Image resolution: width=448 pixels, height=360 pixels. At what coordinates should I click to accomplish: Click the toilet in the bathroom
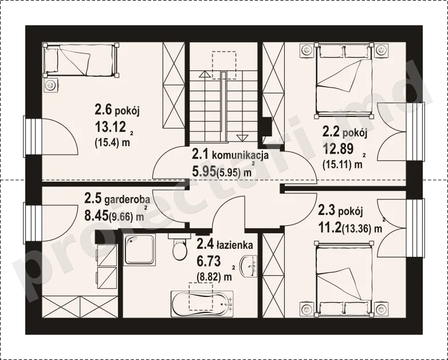pos(179,246)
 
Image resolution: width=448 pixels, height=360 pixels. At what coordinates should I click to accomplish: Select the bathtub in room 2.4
pos(202,304)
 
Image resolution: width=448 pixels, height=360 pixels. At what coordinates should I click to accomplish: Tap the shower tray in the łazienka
pos(140,249)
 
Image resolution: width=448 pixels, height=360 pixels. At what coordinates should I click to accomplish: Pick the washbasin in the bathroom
pos(249,266)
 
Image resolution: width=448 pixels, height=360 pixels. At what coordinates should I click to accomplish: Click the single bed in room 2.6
pos(81,60)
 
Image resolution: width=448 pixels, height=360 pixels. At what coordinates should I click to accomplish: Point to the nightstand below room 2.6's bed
pos(51,85)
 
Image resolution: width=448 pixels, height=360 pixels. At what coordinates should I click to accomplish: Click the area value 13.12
pos(111,127)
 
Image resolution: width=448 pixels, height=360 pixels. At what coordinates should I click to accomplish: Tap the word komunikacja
pos(240,155)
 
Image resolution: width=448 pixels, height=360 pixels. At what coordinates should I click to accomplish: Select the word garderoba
pos(127,200)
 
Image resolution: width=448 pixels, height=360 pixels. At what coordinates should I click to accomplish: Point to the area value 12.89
pos(338,148)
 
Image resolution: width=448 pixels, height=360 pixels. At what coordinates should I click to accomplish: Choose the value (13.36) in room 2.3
pos(357,229)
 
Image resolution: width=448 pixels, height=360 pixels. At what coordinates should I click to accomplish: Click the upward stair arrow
pos(204,75)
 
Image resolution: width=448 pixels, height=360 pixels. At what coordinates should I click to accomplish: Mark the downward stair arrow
pos(242,138)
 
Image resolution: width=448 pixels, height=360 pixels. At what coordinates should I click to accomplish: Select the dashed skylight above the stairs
pos(224,65)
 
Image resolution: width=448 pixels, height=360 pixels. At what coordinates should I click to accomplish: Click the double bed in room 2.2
pos(344,80)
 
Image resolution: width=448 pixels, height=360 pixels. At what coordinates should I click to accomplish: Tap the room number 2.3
pos(327,211)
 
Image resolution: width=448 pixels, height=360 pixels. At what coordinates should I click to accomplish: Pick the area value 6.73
pos(209,261)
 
